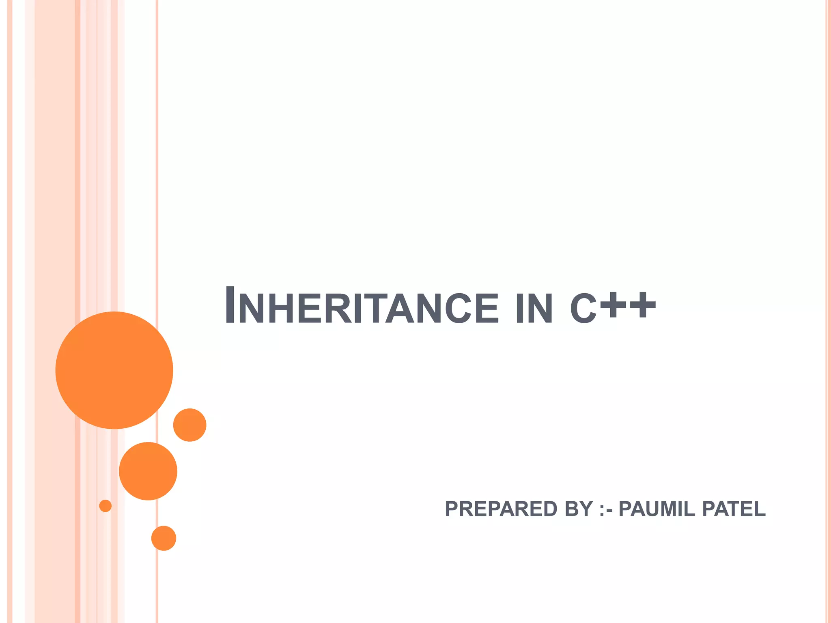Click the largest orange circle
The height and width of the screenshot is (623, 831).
coord(114,370)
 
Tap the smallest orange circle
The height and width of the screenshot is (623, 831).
coord(105,506)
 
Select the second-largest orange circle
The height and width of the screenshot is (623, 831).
coord(148,471)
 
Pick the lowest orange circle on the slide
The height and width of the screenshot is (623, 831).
coord(164,538)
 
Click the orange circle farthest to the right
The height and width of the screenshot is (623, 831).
coord(189,425)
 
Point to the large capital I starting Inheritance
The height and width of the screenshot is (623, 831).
coord(230,305)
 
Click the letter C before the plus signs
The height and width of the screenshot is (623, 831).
coord(583,309)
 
